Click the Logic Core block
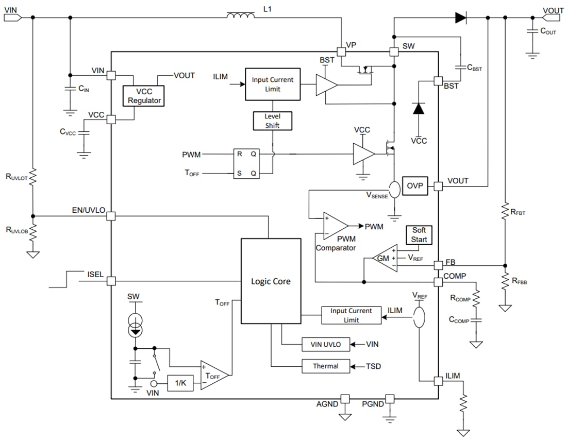271,281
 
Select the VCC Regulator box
144,95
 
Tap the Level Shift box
272,121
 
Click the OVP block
414,186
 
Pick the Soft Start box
419,235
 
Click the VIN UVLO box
326,344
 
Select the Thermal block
326,366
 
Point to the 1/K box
180,383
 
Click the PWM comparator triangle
334,226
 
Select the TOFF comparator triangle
213,375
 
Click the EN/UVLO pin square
110,216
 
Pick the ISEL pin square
110,281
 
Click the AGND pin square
345,398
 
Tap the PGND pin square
390,398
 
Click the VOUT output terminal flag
553,18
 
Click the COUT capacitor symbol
532,32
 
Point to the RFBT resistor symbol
505,212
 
